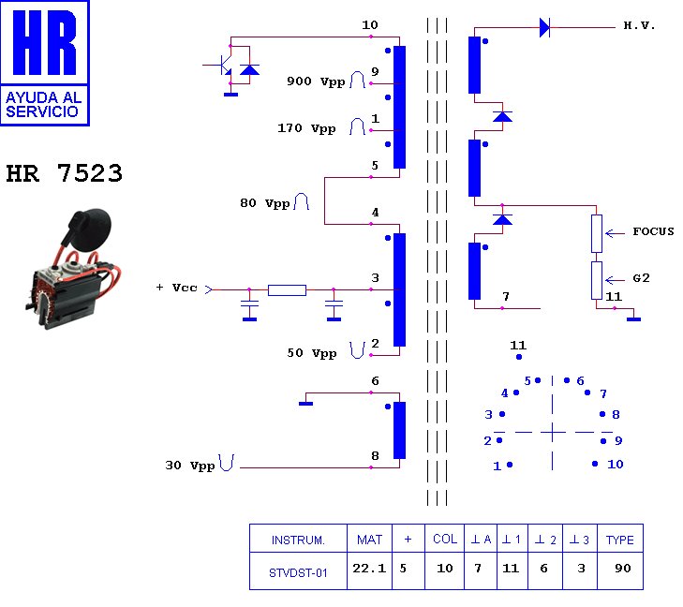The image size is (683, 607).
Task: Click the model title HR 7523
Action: click(64, 174)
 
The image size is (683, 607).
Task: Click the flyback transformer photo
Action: click(70, 267)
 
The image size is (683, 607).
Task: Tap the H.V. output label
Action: click(640, 25)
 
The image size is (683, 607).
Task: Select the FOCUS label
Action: click(653, 231)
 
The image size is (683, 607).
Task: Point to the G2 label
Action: click(642, 279)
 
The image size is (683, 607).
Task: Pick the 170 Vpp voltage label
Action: click(306, 128)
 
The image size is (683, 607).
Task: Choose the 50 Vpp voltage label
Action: click(311, 353)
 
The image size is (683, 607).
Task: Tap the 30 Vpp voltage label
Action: click(190, 465)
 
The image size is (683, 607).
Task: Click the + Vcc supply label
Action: click(176, 288)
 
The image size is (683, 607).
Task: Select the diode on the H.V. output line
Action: click(544, 28)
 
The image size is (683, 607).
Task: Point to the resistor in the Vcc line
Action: click(287, 290)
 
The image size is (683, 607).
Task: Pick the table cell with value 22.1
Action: click(368, 568)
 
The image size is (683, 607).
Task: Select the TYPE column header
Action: click(620, 540)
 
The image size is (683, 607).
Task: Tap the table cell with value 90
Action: click(622, 569)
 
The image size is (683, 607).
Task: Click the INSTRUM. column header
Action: click(298, 540)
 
